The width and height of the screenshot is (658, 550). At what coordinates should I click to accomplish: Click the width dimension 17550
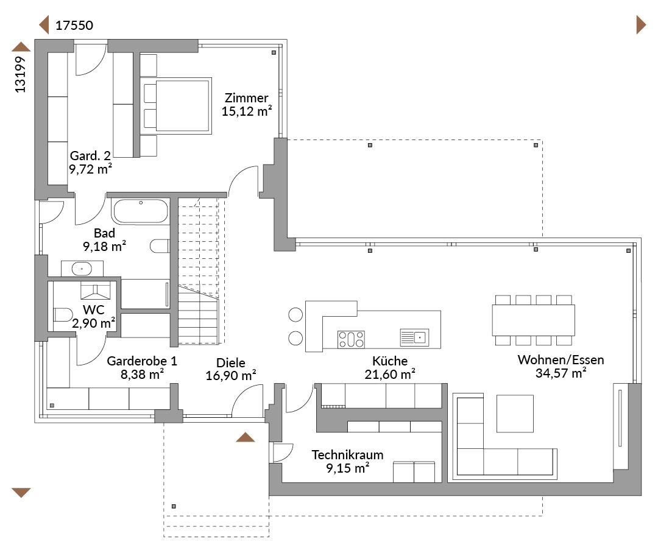coord(74,26)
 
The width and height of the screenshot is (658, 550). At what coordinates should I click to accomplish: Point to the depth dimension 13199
coord(20,74)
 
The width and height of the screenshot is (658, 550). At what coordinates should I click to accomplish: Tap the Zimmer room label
coord(246,97)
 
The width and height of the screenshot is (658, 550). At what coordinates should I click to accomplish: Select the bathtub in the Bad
coord(140,211)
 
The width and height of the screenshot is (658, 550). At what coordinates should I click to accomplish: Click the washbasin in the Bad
coord(82,268)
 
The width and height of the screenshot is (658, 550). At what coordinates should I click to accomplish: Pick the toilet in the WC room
coord(63,315)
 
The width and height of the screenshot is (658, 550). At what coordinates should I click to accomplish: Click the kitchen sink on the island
coord(414,337)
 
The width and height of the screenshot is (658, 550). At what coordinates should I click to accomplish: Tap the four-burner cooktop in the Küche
coord(351,339)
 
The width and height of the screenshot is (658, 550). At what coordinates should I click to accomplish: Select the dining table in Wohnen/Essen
coord(533,320)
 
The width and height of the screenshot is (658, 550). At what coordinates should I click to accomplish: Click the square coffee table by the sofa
coord(515,413)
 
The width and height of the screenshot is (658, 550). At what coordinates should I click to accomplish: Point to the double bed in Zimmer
coord(176,106)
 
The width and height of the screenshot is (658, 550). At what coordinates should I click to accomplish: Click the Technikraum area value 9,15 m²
coord(348,468)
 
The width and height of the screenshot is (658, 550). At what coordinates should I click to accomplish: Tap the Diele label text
coord(231,363)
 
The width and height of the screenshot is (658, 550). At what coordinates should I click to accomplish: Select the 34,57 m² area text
coord(561,373)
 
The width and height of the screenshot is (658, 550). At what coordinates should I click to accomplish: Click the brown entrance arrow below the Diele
coord(245,437)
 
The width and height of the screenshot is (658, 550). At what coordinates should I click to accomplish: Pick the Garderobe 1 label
coord(142,361)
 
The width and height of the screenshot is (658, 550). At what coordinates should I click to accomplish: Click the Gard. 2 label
coord(90,156)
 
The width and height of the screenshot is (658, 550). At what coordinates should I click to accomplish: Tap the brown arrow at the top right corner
coord(641,25)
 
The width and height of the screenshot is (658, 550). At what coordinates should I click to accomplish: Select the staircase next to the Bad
coord(199,270)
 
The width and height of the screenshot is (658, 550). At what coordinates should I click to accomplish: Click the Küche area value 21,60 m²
coord(390,374)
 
